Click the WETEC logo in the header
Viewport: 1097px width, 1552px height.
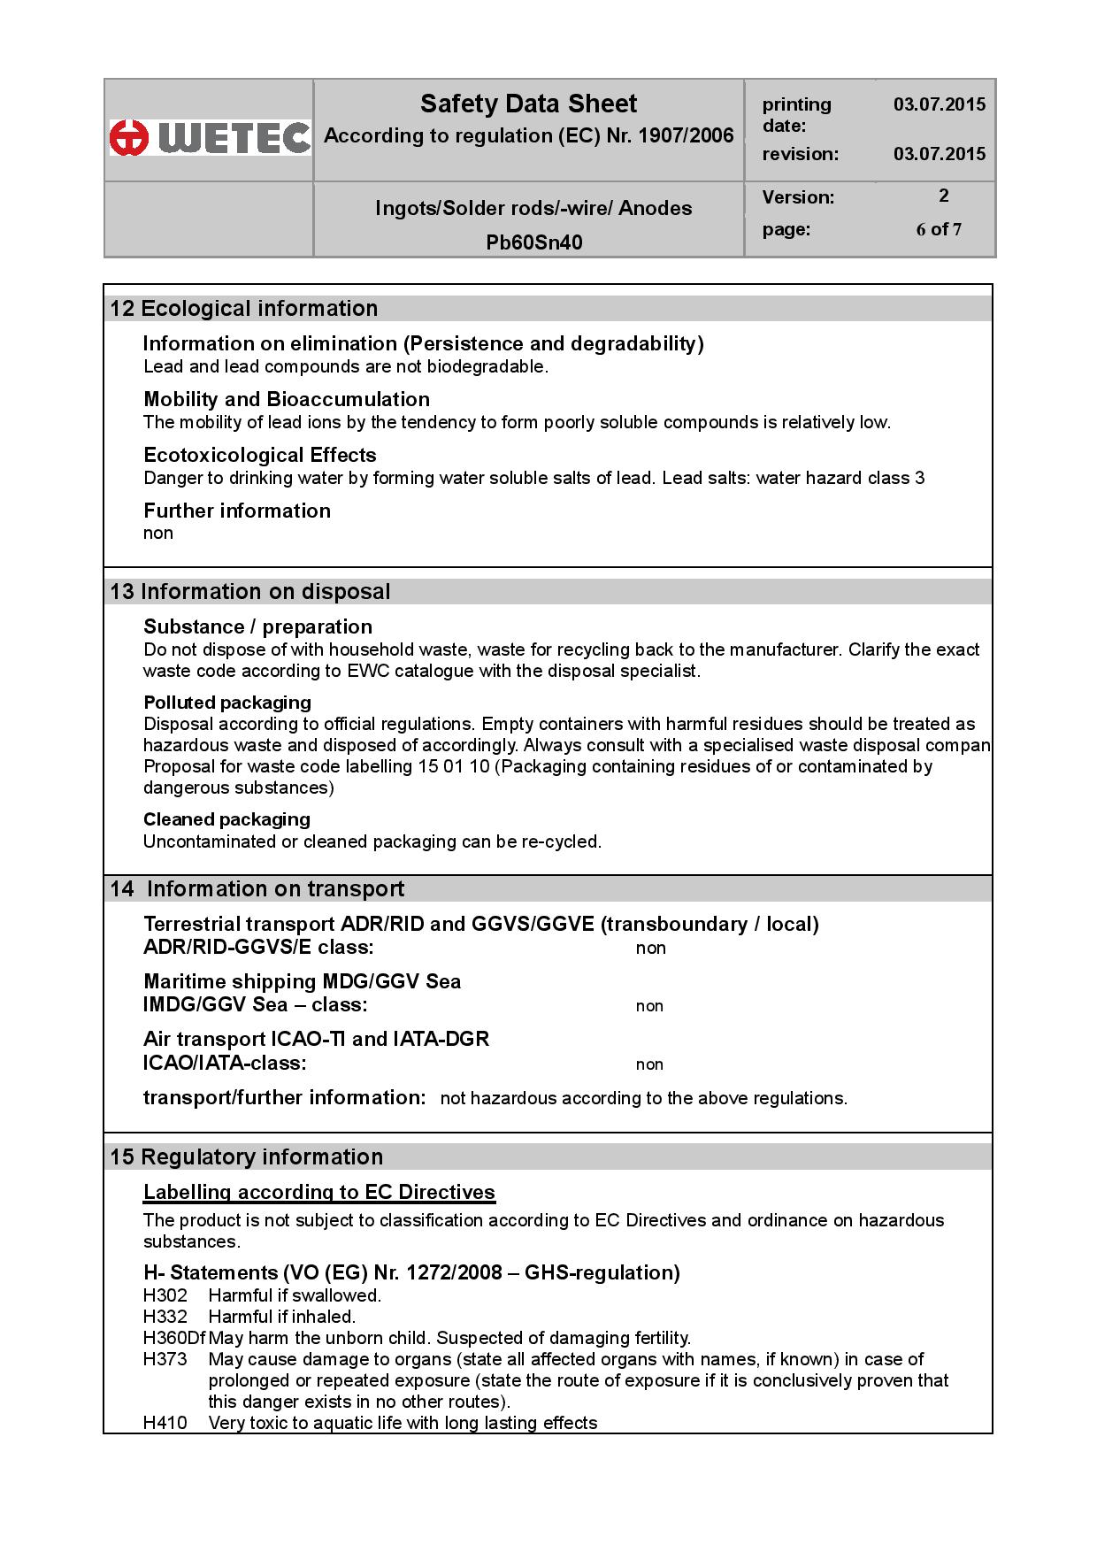pos(211,137)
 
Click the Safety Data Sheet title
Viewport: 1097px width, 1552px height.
pos(528,104)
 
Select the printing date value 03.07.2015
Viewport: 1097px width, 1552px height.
pos(939,104)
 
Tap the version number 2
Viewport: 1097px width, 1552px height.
pos(943,196)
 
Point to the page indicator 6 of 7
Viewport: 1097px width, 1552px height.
pos(939,230)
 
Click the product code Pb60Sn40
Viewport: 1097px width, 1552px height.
pos(533,242)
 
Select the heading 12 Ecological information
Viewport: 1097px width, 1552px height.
pos(244,309)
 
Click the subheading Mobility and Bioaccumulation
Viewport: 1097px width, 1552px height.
pos(287,399)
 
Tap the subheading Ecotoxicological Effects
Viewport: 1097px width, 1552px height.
pos(260,455)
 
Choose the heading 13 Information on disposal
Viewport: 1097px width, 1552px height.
pos(250,592)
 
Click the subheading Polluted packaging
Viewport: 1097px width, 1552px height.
pos(227,703)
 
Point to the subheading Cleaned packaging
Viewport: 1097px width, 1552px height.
pos(226,819)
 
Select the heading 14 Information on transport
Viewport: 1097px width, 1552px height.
pos(257,889)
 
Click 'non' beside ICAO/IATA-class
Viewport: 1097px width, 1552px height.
pos(649,1064)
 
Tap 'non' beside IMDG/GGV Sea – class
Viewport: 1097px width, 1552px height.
pos(649,1006)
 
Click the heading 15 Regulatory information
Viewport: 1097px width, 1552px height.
pos(247,1157)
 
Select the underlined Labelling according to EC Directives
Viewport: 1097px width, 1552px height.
pos(319,1193)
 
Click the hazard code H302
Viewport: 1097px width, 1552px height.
pos(165,1295)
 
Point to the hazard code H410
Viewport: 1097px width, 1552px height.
pos(165,1423)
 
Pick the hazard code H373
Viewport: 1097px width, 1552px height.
pos(165,1359)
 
